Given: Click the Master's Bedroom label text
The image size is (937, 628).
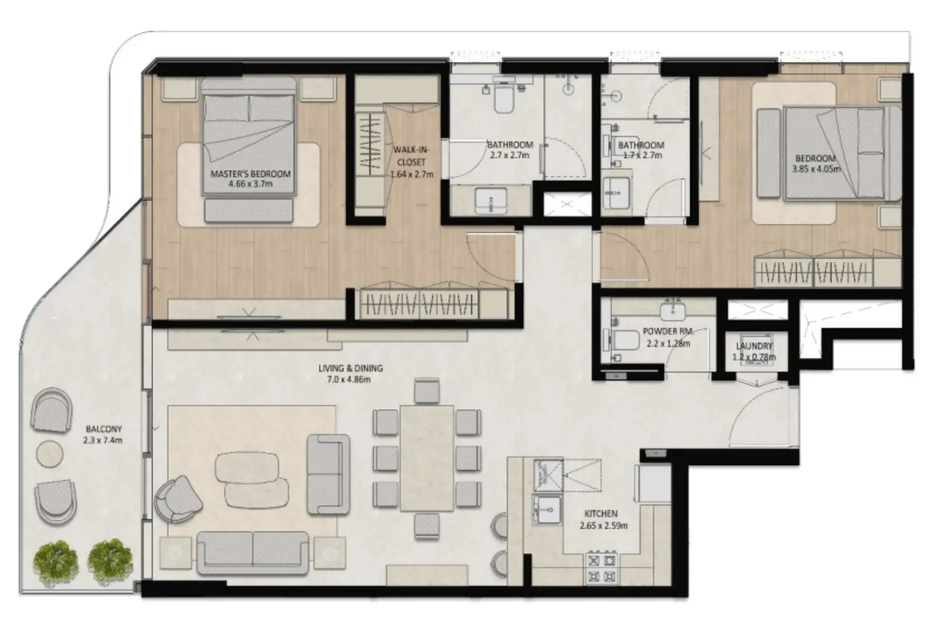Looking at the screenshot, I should (250, 174).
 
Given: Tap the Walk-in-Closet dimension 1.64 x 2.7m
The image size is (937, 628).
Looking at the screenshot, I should (411, 174).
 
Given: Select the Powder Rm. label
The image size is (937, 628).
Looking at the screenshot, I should (668, 331).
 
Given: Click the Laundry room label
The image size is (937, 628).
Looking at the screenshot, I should (754, 346).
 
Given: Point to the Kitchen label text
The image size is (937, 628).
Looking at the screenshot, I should (601, 514).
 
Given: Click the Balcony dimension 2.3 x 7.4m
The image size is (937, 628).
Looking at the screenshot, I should (103, 440).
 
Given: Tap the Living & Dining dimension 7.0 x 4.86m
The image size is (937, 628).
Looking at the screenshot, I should (349, 379).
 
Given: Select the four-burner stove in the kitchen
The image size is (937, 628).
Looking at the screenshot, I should (601, 568).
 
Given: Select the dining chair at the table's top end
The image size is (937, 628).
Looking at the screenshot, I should (426, 391).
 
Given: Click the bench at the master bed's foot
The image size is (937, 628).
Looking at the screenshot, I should (248, 211).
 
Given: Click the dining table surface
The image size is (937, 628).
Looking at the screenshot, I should (426, 458).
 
